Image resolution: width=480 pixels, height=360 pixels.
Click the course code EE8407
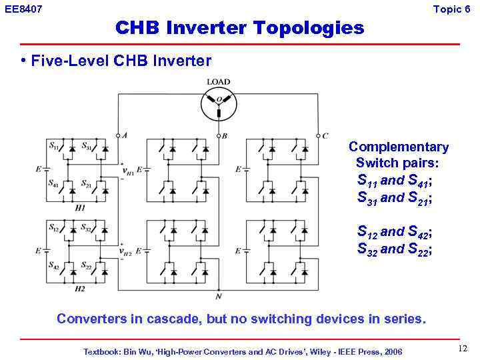tap(23, 9)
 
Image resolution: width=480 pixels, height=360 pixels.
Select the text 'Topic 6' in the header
tap(452, 9)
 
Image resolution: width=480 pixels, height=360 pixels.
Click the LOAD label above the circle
tap(218, 82)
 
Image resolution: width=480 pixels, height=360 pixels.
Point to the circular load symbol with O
tap(218, 101)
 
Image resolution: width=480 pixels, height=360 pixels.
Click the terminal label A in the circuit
tap(125, 135)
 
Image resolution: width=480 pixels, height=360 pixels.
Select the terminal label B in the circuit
tap(225, 135)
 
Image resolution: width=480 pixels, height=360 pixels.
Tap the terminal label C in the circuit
tap(325, 135)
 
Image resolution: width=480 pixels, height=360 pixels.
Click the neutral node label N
tap(218, 296)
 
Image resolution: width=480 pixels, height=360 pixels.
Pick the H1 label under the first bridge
tap(80, 208)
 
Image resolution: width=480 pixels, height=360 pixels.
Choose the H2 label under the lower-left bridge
tap(79, 289)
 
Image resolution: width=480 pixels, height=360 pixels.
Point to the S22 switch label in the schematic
tap(87, 265)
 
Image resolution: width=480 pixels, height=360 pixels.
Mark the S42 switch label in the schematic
tap(53, 265)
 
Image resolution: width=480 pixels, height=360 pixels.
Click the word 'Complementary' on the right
tap(398, 147)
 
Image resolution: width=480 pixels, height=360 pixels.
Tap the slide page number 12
tap(463, 349)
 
